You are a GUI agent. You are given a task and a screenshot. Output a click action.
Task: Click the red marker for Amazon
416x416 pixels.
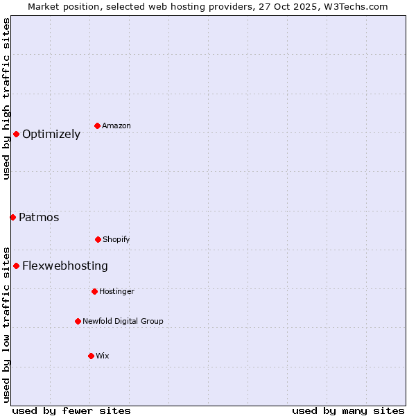coord(97,125)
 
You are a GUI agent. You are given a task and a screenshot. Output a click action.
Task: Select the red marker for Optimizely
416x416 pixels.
coord(16,134)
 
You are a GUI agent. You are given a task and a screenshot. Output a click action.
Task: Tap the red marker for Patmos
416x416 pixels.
coord(12,217)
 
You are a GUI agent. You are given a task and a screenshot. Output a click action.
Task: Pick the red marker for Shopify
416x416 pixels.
coord(98,239)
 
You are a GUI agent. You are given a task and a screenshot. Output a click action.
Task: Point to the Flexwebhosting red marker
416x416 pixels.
coord(16,266)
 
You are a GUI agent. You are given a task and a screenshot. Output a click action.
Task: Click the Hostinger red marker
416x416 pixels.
coord(94,291)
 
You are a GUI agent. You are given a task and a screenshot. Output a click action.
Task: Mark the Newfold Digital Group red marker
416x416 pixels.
coord(78,321)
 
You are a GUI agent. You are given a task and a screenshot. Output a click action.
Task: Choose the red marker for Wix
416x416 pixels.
coord(91,356)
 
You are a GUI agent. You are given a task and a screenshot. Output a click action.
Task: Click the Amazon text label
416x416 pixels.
coord(116,125)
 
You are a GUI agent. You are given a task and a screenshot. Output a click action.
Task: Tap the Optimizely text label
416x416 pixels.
coord(51,134)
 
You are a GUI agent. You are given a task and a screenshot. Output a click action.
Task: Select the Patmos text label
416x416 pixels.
coord(39,217)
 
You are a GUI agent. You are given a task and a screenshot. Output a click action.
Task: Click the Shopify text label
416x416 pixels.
coord(116,239)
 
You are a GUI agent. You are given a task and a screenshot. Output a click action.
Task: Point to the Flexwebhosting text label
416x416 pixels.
coord(65,266)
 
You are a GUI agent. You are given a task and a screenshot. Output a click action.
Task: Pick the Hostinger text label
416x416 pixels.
coord(116,291)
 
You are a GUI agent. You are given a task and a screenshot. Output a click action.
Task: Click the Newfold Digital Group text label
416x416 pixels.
coord(123,321)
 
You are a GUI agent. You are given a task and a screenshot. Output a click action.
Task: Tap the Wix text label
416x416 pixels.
coord(103,356)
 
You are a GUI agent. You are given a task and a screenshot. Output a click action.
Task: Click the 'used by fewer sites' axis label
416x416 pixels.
coord(71,410)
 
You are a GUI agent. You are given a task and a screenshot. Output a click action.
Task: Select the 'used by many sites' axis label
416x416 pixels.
coord(348,410)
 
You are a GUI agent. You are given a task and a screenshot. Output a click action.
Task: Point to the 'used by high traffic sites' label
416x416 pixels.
coord(6,98)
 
